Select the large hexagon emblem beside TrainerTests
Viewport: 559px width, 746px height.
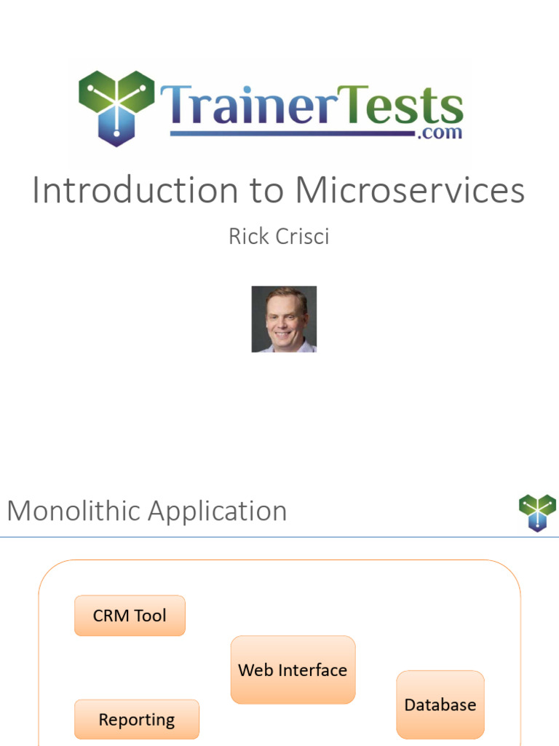coord(116,106)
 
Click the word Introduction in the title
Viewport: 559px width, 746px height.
coord(135,191)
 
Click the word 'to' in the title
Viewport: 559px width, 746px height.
coord(266,192)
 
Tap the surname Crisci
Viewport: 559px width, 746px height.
coord(301,236)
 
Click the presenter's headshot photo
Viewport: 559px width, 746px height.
coord(284,319)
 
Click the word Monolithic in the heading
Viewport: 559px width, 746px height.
coord(74,511)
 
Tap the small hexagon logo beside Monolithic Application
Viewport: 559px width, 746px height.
coord(537,511)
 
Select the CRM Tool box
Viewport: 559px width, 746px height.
coord(130,616)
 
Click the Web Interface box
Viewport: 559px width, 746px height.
coord(293,670)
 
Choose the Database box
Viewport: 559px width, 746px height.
coord(440,704)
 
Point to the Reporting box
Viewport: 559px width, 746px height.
coord(136,720)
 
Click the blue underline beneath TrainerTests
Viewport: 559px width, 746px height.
coord(291,133)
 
